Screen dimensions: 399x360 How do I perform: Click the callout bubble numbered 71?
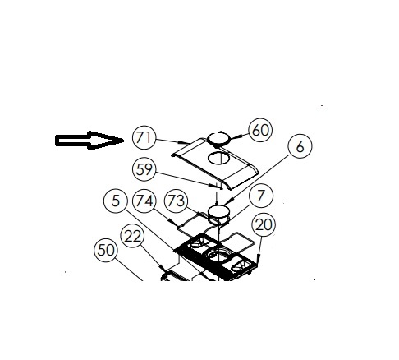(x=144, y=137)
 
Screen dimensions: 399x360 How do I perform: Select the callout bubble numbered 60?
(x=260, y=130)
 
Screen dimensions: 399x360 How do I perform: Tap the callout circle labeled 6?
(x=300, y=146)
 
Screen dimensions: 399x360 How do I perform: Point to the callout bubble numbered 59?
(x=144, y=169)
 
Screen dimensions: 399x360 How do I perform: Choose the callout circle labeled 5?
(x=116, y=201)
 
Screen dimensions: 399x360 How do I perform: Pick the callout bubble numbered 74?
(x=144, y=201)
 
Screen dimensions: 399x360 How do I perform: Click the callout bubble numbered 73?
(x=176, y=201)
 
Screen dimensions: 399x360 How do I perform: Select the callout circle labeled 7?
(x=261, y=196)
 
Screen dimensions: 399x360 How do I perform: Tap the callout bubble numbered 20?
(x=264, y=224)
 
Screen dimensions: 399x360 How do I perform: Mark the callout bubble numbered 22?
(x=132, y=236)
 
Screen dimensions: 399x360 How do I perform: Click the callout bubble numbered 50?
(x=106, y=250)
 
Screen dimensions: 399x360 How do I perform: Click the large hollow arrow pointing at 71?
(x=89, y=141)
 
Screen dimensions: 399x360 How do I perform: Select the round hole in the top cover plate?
(x=218, y=158)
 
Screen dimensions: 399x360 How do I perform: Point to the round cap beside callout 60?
(x=218, y=139)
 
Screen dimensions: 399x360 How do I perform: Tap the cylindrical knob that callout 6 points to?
(x=218, y=215)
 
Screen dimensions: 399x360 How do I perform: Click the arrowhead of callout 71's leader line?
(x=182, y=142)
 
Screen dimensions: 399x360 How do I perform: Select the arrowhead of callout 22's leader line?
(x=163, y=268)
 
